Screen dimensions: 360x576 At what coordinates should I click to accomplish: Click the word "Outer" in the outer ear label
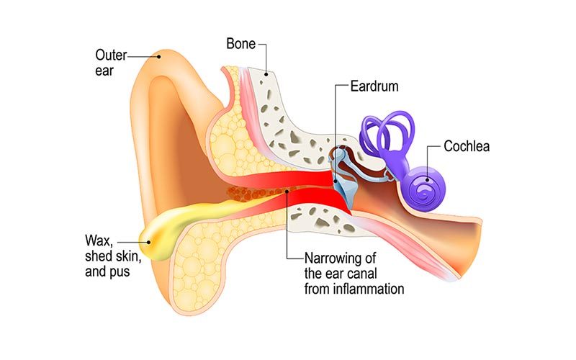pos(111,54)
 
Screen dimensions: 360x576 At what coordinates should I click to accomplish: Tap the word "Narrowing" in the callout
pos(333,257)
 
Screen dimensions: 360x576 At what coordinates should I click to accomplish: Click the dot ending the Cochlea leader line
pos(427,172)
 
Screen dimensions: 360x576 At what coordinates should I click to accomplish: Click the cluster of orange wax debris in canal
pos(245,193)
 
